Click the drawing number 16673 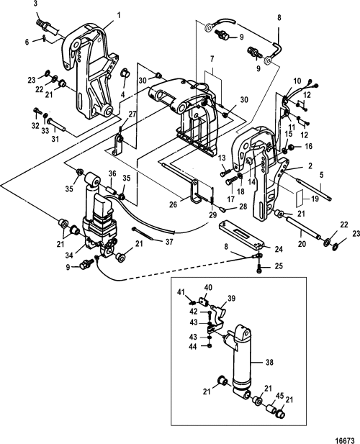click(345, 440)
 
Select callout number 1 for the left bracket click(118, 14)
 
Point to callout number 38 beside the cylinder click(269, 361)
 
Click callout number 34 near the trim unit click(69, 255)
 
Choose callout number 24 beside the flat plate click(279, 249)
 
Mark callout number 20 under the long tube click(302, 243)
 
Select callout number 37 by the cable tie click(168, 242)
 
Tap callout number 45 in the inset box click(280, 396)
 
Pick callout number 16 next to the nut click(308, 146)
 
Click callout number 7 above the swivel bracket click(212, 59)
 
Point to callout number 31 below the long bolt click(55, 139)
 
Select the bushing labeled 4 click(125, 73)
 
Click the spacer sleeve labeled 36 click(111, 189)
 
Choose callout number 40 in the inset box click(208, 288)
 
